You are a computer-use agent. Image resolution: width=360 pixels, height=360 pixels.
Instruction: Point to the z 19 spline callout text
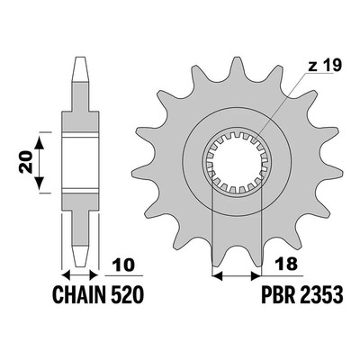(x=325, y=66)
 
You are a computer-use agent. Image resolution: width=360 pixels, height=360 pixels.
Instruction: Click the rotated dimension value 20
(x=26, y=162)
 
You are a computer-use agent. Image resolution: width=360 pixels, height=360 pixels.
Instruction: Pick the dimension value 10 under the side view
(x=122, y=265)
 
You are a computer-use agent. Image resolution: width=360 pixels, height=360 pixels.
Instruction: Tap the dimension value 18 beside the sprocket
(x=287, y=264)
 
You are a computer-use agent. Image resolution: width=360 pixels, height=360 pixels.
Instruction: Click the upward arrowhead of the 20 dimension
(x=40, y=142)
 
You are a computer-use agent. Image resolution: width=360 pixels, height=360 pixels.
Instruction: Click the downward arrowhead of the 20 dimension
(x=40, y=183)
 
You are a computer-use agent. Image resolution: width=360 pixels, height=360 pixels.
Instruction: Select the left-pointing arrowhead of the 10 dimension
(x=66, y=274)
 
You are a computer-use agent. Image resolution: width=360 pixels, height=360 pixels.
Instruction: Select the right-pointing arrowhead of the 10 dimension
(x=94, y=274)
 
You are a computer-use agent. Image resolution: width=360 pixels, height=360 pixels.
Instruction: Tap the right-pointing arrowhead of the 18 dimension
(x=256, y=275)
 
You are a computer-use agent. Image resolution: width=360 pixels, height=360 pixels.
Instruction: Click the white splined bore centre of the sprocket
(x=237, y=162)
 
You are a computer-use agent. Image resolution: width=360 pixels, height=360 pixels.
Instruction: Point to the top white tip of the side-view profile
(x=82, y=68)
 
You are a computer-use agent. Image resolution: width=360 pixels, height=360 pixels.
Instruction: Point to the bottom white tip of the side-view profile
(x=81, y=256)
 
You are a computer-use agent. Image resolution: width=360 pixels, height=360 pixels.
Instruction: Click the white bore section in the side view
(x=80, y=163)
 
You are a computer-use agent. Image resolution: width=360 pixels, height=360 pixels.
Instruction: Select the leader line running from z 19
(x=283, y=104)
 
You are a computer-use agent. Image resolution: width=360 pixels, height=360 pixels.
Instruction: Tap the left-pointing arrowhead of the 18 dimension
(x=217, y=275)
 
